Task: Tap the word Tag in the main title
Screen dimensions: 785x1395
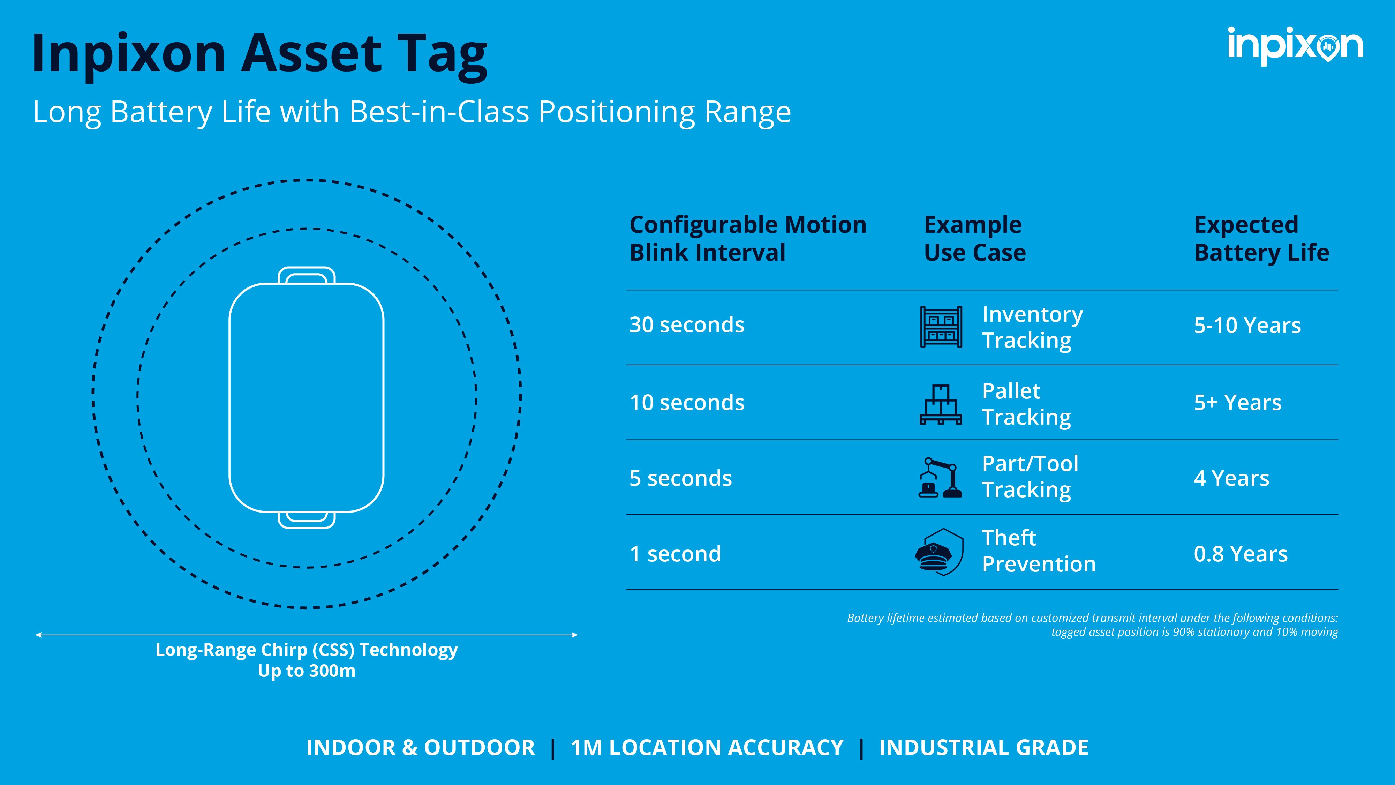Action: tap(442, 54)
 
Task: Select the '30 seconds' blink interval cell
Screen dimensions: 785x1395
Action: tap(687, 325)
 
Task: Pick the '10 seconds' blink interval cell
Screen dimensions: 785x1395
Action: tap(687, 403)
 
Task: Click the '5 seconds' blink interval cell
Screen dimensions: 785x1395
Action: tap(680, 478)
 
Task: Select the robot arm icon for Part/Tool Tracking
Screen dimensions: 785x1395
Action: tap(940, 478)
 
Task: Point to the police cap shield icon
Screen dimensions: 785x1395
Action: tap(939, 552)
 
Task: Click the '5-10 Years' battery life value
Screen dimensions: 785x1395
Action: tap(1247, 326)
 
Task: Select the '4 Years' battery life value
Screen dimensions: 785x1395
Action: tap(1231, 478)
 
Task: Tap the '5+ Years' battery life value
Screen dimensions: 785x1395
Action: tap(1237, 403)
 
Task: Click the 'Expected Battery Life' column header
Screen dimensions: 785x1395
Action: tap(1261, 238)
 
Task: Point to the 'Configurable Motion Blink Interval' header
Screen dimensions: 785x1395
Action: tap(747, 238)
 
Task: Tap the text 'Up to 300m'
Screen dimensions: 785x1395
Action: tap(307, 671)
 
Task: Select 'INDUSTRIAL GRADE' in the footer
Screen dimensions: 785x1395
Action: tap(983, 748)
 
